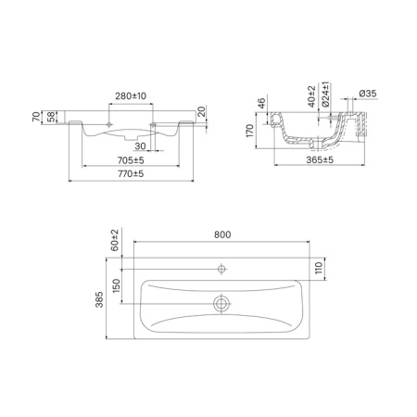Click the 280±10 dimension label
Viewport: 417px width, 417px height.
131,96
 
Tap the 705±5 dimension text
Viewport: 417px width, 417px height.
131,160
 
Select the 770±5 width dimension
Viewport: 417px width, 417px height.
131,174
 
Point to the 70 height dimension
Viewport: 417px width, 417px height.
36,117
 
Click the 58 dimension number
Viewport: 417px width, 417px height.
51,117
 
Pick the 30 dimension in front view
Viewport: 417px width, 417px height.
140,145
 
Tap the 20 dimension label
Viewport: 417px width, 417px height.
201,111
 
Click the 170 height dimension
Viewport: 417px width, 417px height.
249,131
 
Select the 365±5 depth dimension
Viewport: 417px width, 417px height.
320,160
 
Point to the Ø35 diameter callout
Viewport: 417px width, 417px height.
368,94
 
